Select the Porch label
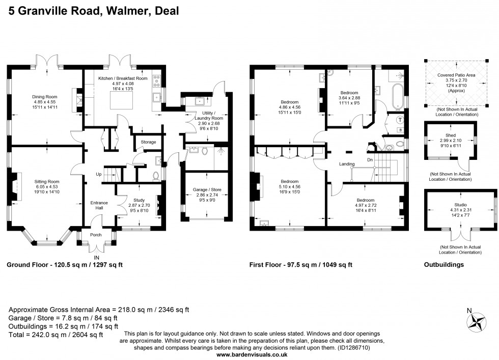(x=95, y=235)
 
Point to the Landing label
(x=347, y=163)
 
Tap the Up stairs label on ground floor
(x=98, y=174)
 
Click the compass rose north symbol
(x=478, y=321)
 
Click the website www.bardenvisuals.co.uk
(x=249, y=355)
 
